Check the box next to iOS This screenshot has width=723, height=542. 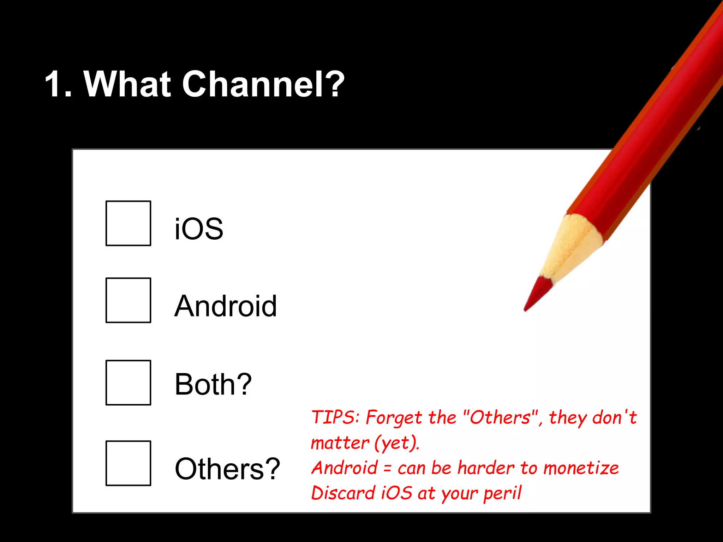click(x=128, y=223)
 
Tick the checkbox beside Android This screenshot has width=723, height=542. click(x=128, y=300)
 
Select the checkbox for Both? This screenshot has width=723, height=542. click(x=128, y=383)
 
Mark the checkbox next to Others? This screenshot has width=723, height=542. click(x=128, y=463)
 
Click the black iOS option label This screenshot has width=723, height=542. click(x=199, y=229)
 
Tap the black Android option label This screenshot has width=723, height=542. click(x=226, y=306)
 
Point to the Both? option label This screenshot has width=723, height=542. click(x=213, y=384)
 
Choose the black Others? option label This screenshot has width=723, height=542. click(x=227, y=469)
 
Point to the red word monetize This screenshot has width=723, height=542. click(x=581, y=468)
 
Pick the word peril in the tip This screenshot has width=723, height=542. click(x=502, y=493)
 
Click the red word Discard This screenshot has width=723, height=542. click(x=343, y=493)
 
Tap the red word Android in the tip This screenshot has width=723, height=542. click(x=345, y=468)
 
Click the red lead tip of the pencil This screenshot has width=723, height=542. click(x=535, y=294)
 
